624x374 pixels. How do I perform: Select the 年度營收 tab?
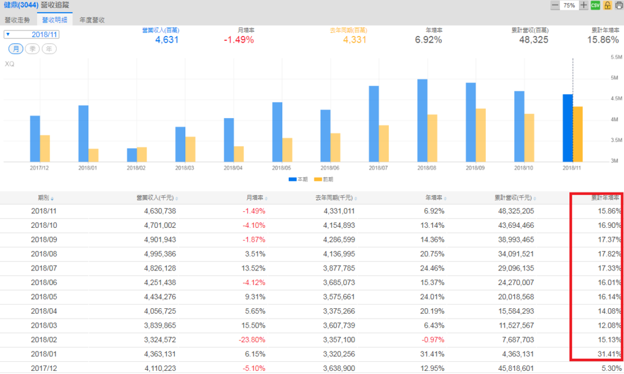coord(92,19)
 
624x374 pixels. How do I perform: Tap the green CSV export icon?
coord(595,5)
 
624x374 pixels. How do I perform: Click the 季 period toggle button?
coord(33,49)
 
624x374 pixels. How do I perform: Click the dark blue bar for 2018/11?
coord(567,128)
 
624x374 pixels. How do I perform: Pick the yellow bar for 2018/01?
coord(93,155)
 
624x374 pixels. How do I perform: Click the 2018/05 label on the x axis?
coord(282,168)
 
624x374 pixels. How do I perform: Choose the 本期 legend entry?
coord(299,180)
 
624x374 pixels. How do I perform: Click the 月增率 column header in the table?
coord(254,198)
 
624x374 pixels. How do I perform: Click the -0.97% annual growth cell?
coord(431,339)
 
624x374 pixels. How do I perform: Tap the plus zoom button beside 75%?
coord(584,5)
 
